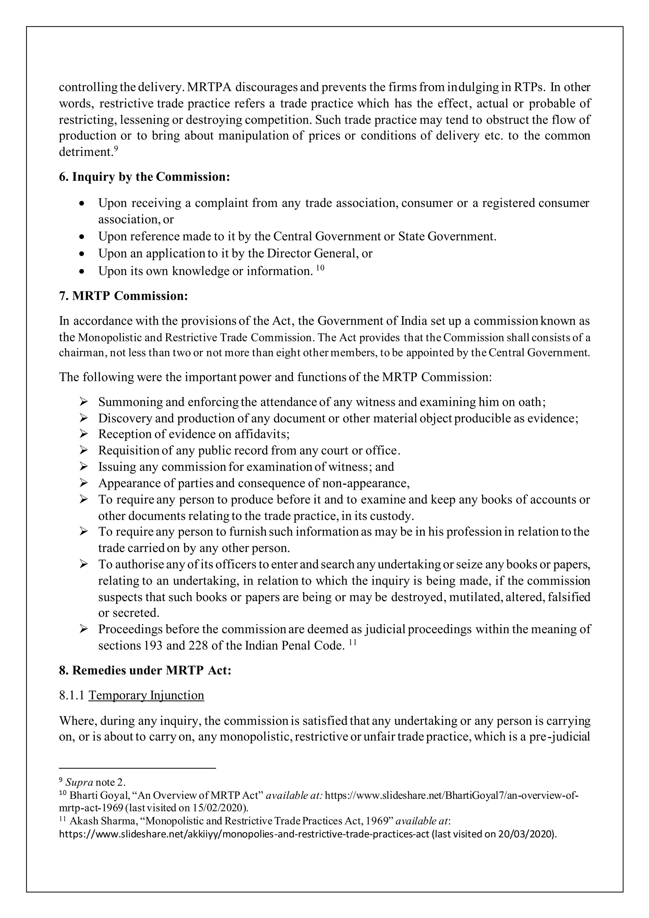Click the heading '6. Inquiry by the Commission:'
[x=145, y=177]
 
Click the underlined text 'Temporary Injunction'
[x=146, y=695]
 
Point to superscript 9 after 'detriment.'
[x=116, y=148]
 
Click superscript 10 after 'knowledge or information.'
[x=320, y=267]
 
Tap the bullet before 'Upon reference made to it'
[x=82, y=237]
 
